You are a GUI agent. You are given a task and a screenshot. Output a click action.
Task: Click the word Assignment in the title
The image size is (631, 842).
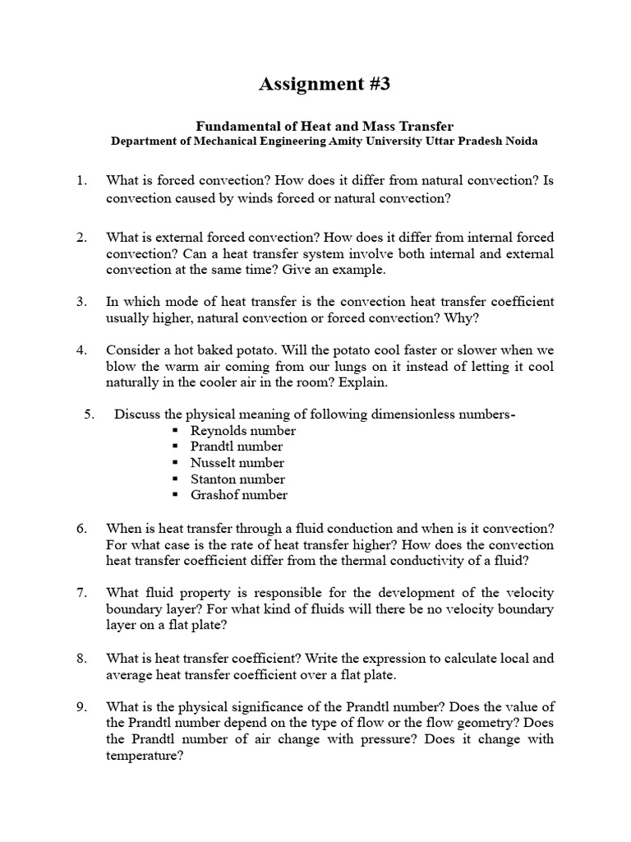pos(306,84)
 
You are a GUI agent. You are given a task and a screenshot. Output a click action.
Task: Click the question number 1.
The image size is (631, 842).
pos(81,180)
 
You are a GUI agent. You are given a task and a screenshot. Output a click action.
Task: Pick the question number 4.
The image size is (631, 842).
pos(81,349)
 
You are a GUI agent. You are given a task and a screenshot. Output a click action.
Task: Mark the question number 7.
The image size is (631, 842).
pos(81,593)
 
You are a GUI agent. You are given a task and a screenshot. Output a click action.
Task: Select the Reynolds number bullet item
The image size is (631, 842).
pos(242,431)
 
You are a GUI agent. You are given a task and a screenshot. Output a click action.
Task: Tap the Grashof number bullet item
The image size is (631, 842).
pos(239,495)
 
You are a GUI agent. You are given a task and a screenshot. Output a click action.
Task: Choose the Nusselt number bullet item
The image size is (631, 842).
pos(237,463)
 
